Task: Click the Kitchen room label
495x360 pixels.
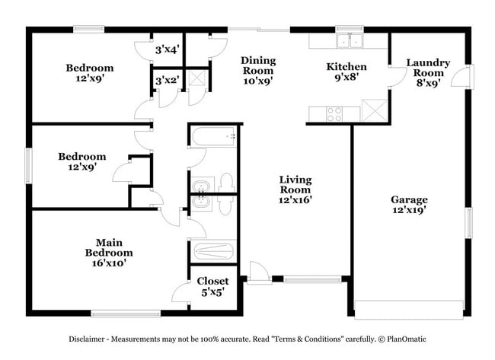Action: (x=346, y=67)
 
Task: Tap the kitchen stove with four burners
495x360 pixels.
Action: (x=334, y=113)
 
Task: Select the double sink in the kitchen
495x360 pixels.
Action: (x=350, y=41)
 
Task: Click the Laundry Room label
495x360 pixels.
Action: (x=427, y=68)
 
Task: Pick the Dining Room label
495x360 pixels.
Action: (x=258, y=65)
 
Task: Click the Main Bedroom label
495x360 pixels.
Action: (x=108, y=247)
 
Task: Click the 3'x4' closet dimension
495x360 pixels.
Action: (x=167, y=49)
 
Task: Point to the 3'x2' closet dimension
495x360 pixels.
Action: (x=167, y=80)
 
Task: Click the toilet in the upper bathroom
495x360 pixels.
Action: (x=225, y=183)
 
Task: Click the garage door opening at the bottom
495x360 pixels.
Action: (x=409, y=308)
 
